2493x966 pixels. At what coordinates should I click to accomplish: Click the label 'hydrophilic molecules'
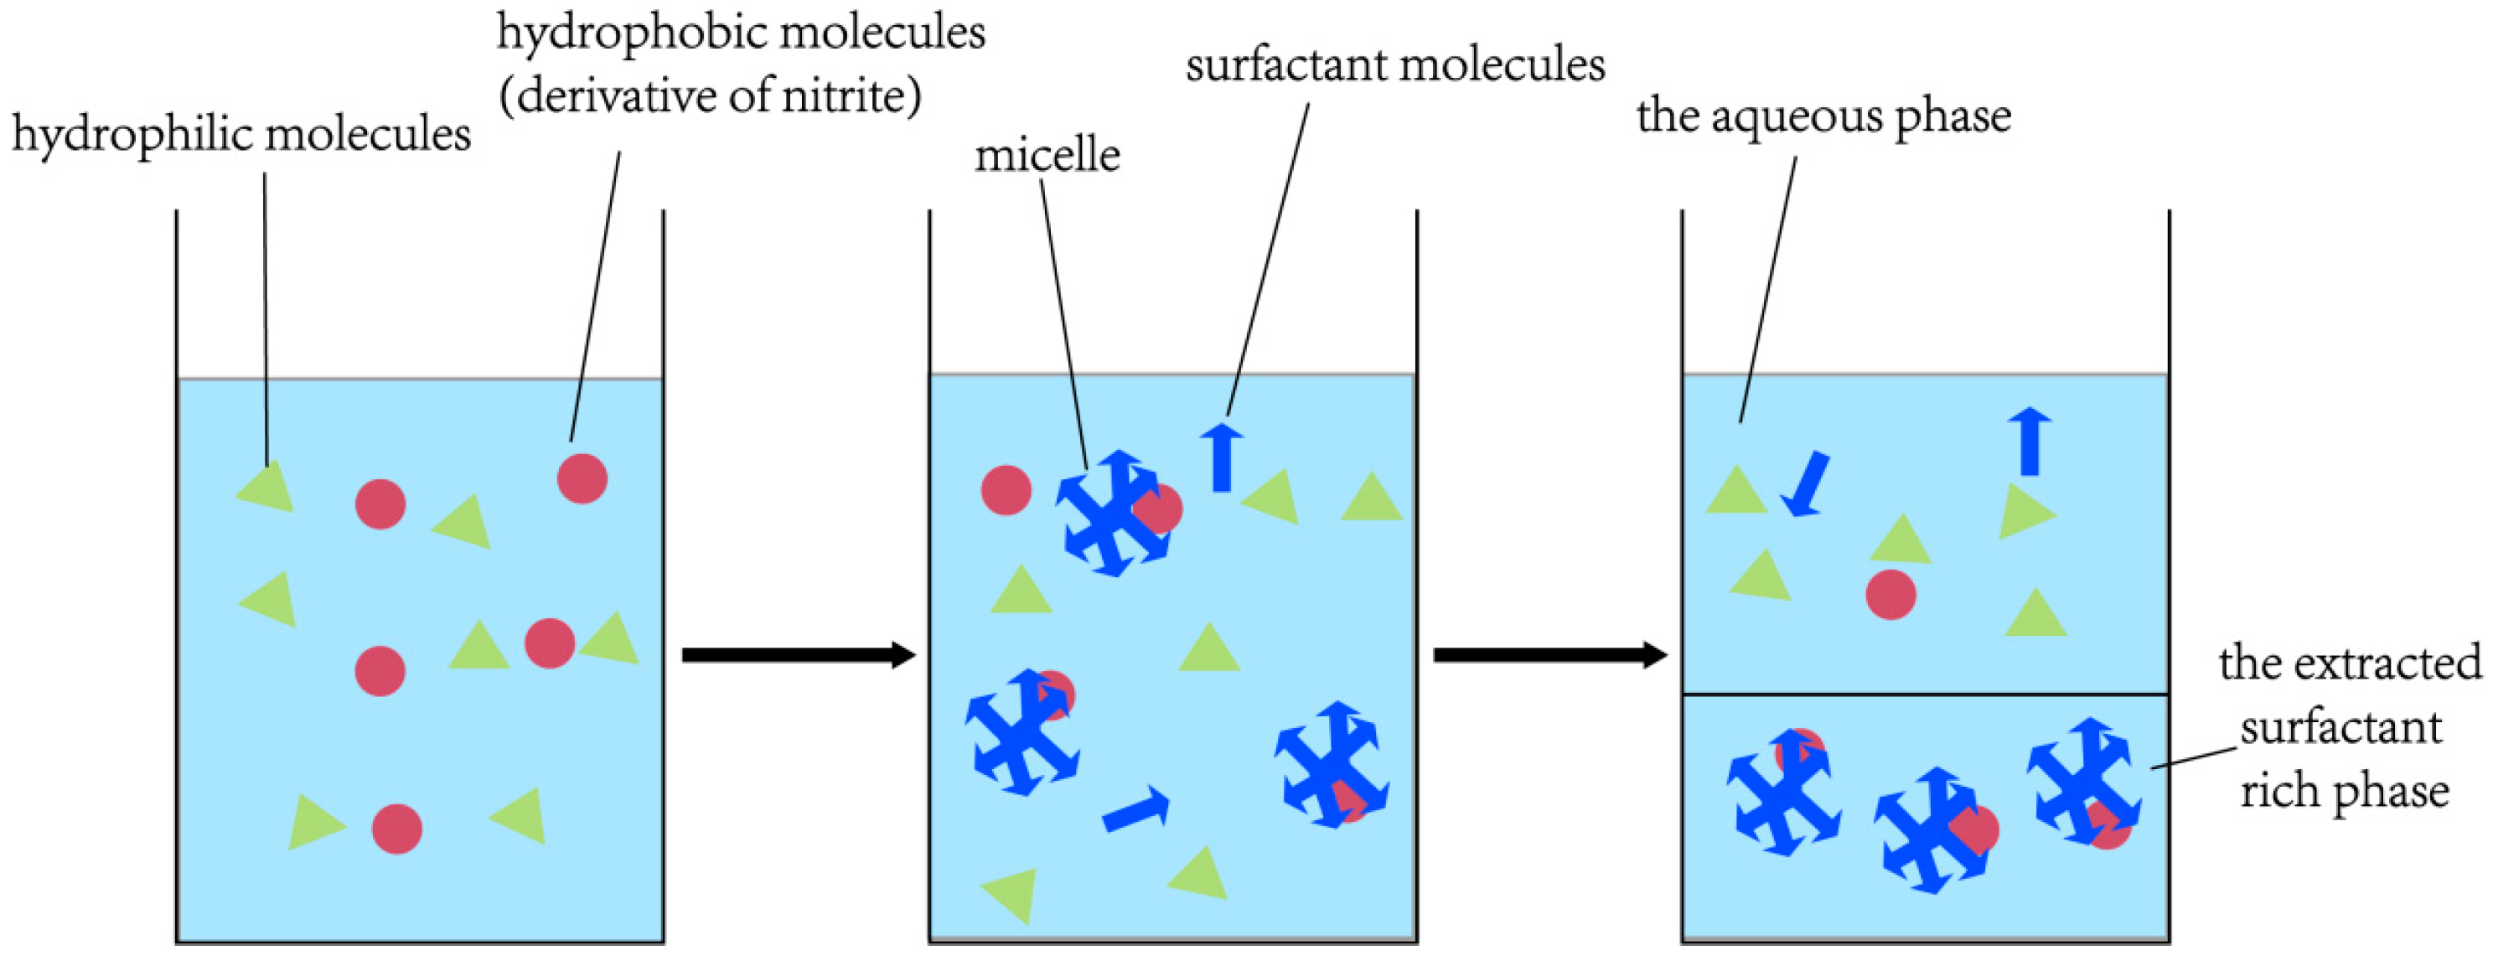point(241,133)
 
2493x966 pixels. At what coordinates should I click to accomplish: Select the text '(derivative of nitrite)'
point(710,96)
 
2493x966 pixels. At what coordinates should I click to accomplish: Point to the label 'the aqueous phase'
point(1823,117)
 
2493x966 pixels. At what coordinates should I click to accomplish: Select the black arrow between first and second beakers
point(798,655)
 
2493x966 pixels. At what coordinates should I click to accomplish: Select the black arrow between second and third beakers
point(1549,655)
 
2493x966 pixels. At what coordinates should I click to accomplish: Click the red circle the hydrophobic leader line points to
point(582,478)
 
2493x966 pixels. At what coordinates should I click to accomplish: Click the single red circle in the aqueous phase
point(1890,594)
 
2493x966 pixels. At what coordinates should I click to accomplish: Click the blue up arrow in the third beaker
point(2030,442)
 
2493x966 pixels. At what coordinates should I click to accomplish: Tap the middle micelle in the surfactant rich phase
point(1930,830)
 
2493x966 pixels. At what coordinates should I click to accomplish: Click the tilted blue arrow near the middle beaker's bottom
point(1136,809)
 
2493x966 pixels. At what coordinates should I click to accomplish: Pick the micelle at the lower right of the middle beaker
point(1332,765)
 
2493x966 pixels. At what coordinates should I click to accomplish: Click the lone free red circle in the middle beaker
point(1006,490)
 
